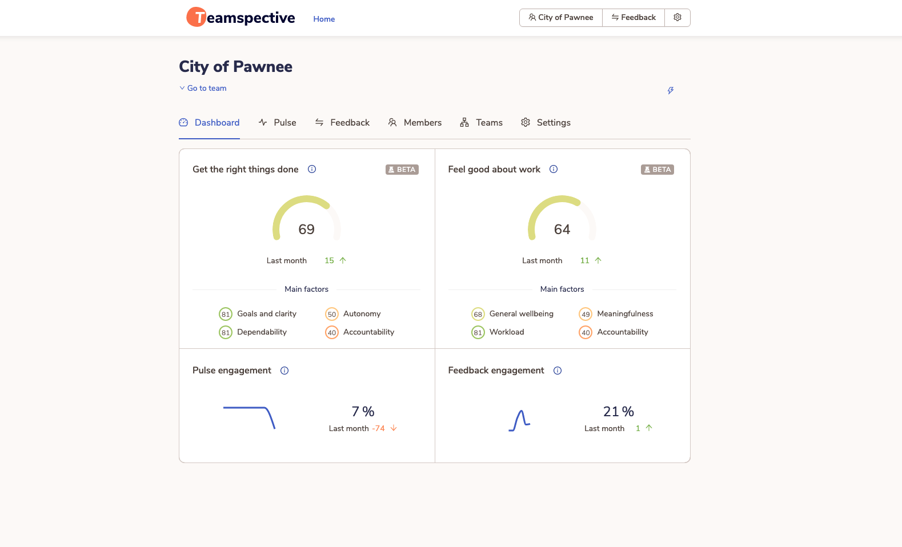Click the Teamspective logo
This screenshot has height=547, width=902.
[240, 18]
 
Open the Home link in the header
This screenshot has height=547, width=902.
[324, 19]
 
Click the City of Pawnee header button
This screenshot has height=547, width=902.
[561, 18]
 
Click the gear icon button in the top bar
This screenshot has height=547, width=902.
[677, 18]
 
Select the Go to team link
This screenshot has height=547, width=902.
[203, 88]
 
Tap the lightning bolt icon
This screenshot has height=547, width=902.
[671, 90]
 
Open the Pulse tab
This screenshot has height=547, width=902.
[278, 123]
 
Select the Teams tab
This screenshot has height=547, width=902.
[482, 123]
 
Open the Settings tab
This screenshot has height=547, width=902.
[546, 123]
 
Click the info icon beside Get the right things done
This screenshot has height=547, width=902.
[312, 169]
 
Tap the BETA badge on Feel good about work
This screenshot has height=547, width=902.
[658, 170]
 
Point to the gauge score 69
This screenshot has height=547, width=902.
[307, 230]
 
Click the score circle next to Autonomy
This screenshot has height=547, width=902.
[332, 314]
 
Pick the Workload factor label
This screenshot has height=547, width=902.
[507, 332]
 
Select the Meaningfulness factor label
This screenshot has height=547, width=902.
[625, 313]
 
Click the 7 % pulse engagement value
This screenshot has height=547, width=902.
[363, 412]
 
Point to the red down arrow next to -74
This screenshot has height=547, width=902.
[394, 428]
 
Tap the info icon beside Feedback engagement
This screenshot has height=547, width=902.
[558, 371]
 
